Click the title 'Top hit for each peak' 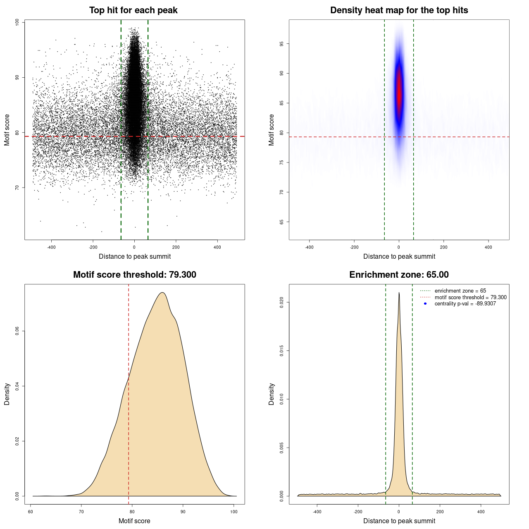click(x=133, y=10)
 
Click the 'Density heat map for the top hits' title click(x=399, y=10)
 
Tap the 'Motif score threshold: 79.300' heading click(x=134, y=275)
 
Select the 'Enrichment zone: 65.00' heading click(x=399, y=275)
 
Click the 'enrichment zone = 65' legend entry click(x=460, y=291)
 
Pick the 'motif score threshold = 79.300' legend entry click(x=470, y=297)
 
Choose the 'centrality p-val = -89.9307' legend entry click(x=465, y=304)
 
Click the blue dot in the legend click(x=425, y=304)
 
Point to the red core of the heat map click(x=399, y=91)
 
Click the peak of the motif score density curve click(x=162, y=293)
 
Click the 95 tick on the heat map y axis click(x=282, y=44)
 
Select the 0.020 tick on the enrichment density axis click(x=282, y=303)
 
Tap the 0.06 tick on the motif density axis click(x=17, y=331)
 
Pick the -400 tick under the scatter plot click(x=51, y=248)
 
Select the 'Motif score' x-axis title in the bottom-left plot click(x=134, y=521)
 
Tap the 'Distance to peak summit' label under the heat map click(x=399, y=256)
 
